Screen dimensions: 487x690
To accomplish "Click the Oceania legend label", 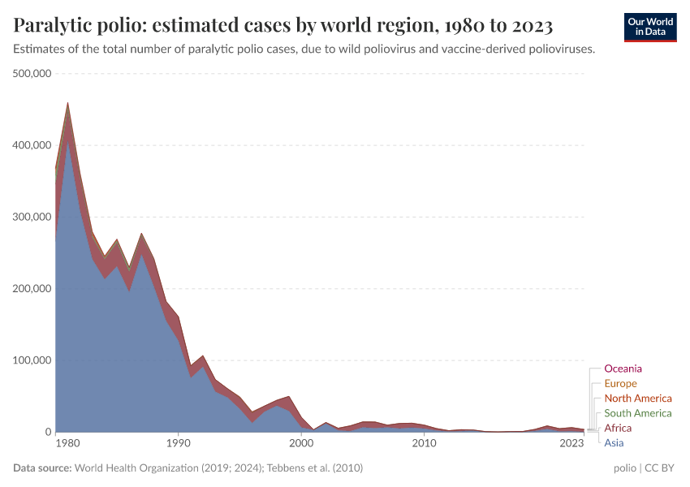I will [x=623, y=368].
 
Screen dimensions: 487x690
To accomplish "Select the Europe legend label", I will [x=620, y=383].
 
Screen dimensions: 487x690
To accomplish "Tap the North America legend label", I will [x=638, y=399].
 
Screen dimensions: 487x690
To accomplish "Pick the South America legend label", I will [x=638, y=413].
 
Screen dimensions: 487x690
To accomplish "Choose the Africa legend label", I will [x=618, y=428].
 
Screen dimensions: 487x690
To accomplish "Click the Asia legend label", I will [x=615, y=442].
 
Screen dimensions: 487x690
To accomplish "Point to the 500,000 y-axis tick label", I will [x=32, y=74].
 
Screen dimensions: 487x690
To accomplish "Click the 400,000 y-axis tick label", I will [x=32, y=145].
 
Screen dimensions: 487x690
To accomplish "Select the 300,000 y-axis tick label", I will [x=32, y=217].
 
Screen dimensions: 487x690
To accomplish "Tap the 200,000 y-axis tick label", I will [x=32, y=289].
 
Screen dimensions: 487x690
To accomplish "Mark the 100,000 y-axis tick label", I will [x=32, y=360].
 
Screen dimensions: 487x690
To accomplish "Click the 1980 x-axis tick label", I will [x=67, y=443].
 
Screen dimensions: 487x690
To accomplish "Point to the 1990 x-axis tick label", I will [x=178, y=443].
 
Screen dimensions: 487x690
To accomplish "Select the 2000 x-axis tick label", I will [x=301, y=443].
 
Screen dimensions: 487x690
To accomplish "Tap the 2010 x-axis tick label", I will [x=424, y=443].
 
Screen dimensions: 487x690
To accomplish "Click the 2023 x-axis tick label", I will [x=571, y=443].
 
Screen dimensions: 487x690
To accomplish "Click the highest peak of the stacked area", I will [x=67, y=103].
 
